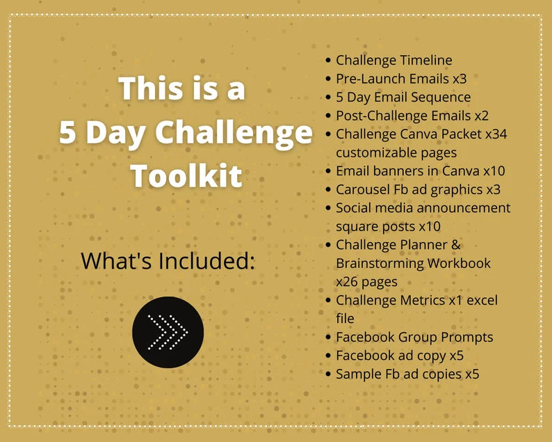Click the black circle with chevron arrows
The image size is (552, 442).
tap(168, 332)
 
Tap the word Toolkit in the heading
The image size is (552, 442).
tap(186, 175)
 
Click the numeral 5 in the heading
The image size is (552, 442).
tap(67, 132)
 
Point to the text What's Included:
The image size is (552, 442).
tap(168, 261)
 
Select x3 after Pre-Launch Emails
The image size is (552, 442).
tap(458, 79)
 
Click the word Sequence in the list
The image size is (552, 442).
tap(441, 97)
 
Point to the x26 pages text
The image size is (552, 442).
tap(366, 281)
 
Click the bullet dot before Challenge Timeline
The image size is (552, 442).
tap(328, 61)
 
